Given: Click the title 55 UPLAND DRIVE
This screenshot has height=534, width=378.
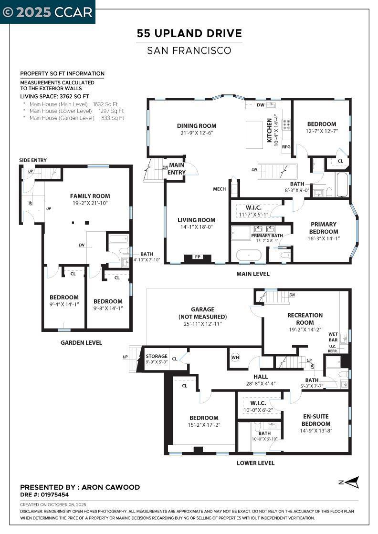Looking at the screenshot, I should tap(189, 34).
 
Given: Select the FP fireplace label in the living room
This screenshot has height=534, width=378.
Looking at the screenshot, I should tap(197, 257).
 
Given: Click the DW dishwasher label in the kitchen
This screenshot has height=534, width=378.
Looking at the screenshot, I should tap(261, 105).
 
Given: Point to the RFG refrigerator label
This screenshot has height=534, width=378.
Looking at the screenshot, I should tap(286, 147).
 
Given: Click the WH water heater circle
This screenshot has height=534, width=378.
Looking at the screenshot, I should tap(235, 357).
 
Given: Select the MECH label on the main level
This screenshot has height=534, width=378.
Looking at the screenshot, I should tap(220, 189).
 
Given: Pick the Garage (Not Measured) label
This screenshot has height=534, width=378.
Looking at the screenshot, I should tap(203, 313).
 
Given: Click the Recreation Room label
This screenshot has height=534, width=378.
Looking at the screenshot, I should tap(305, 318).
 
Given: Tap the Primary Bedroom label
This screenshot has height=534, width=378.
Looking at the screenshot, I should tap(324, 227).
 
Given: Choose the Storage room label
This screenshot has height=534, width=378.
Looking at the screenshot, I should tap(157, 356).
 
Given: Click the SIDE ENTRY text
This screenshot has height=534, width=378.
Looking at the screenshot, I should tap(33, 160).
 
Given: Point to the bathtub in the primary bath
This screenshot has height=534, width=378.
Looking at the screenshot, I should tap(249, 255).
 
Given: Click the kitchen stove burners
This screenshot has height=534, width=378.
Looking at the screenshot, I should tap(287, 124).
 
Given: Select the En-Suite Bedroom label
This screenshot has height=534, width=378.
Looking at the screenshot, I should tap(316, 420).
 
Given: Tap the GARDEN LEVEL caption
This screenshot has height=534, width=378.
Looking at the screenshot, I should tap(81, 342).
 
